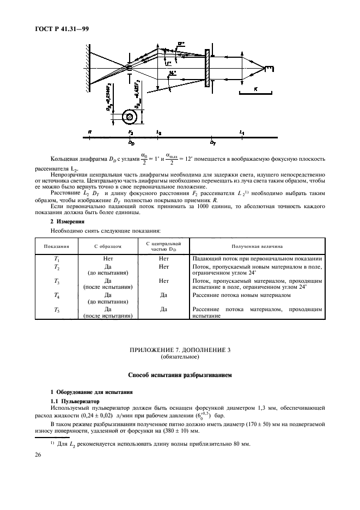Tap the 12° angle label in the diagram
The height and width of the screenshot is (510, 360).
(181, 43)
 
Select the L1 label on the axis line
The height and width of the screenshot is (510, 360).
(242, 132)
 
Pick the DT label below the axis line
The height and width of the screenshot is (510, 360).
(213, 142)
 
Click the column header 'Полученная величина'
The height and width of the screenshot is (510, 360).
(257, 246)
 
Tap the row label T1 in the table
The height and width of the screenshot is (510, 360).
(57, 258)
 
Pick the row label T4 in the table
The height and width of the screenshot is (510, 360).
(57, 295)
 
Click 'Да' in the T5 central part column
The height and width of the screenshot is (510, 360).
(163, 309)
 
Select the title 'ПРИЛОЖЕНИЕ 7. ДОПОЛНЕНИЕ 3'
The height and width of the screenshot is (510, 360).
(180, 351)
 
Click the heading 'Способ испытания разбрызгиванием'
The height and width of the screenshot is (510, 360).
(180, 375)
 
